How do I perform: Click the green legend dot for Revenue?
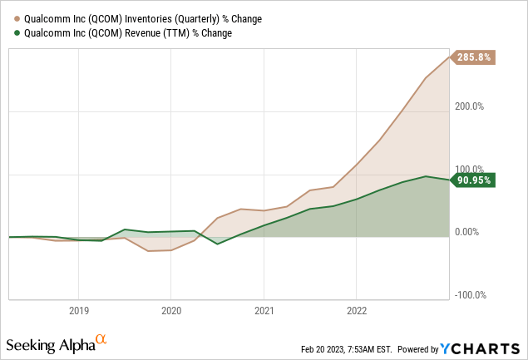pyautogui.click(x=9, y=32)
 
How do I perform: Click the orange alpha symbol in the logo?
pyautogui.click(x=101, y=339)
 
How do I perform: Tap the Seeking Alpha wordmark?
pyautogui.click(x=49, y=344)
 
